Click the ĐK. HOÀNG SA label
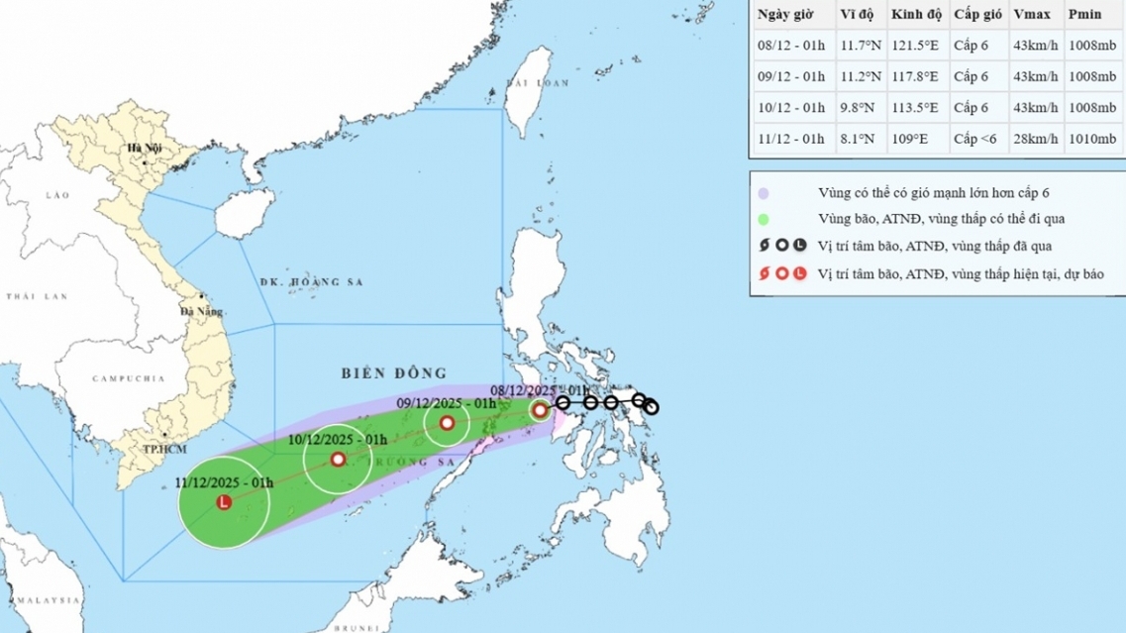tap(312, 282)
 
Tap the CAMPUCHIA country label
tap(128, 378)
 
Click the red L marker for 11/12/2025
tap(224, 503)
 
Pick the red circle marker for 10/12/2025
tap(338, 460)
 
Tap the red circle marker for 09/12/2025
tap(447, 423)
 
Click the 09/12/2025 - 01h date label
tap(446, 403)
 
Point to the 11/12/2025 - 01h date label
tap(224, 481)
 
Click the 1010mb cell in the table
tap(1092, 139)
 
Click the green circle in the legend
tap(763, 219)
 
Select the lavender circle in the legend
tap(763, 192)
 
